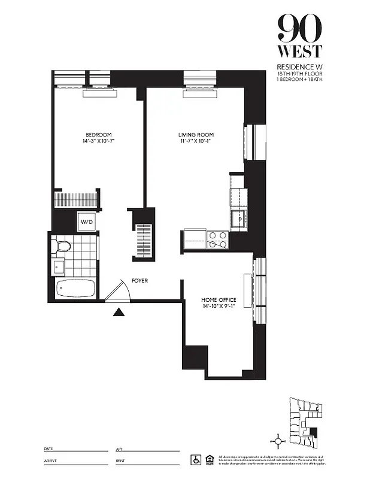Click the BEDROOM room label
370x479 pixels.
coord(99,135)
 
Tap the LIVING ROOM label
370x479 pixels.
coord(196,135)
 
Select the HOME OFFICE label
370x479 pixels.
coord(219,299)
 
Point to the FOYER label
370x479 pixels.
coord(139,280)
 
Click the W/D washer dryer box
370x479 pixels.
coord(86,223)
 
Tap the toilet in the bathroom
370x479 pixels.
coord(62,245)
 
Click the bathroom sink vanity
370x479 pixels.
coord(59,266)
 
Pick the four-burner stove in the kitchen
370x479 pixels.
coord(217,239)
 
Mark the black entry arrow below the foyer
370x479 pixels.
coord(119,311)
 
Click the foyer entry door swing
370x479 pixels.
coord(118,292)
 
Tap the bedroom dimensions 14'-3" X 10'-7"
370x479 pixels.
coord(99,142)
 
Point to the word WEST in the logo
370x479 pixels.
coord(300,51)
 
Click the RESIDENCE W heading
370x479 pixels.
coord(299,66)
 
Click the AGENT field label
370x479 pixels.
coord(50,462)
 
